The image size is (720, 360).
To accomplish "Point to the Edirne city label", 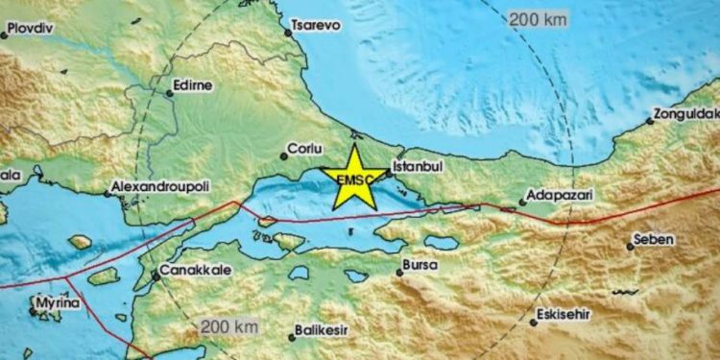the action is [190, 85].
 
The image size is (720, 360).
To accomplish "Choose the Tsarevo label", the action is [318, 26].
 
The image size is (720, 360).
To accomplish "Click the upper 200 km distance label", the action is [539, 18].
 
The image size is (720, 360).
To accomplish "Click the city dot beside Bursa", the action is [399, 272].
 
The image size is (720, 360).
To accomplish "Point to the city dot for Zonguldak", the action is [650, 121].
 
